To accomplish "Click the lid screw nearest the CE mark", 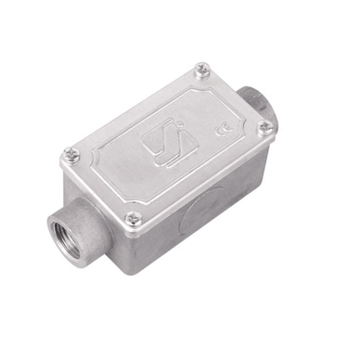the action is (x=265, y=127).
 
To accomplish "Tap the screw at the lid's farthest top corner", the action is (x=202, y=69).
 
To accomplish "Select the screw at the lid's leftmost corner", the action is (x=72, y=155).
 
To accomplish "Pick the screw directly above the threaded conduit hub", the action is (x=133, y=219).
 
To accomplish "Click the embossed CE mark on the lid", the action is (x=223, y=129).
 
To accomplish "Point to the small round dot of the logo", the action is (x=180, y=124).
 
